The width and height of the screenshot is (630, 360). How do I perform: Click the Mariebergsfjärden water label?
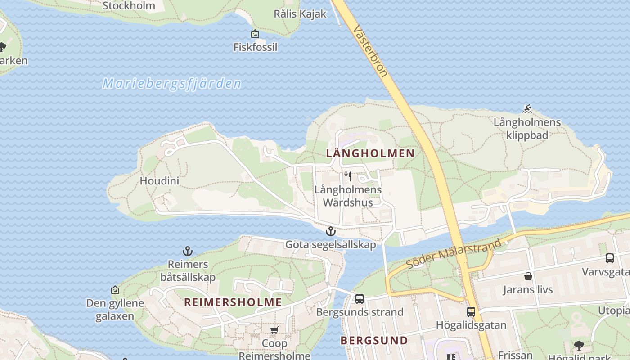click(172, 84)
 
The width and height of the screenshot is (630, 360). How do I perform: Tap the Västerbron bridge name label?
click(370, 51)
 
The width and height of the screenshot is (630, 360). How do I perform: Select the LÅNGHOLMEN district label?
click(370, 153)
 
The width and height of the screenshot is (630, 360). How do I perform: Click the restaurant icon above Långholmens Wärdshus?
click(347, 176)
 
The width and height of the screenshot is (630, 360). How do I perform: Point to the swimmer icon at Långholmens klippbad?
click(527, 108)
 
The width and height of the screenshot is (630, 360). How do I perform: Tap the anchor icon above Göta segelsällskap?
click(331, 232)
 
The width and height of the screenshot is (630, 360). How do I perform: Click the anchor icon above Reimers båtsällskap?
click(187, 251)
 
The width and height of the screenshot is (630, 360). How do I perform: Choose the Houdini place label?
click(159, 181)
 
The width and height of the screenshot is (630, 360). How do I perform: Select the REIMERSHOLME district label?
click(233, 302)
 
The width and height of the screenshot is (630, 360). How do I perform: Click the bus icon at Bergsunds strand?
click(359, 298)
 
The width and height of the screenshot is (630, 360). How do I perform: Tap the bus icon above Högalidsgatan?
click(471, 311)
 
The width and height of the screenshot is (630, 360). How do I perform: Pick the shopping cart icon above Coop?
click(274, 330)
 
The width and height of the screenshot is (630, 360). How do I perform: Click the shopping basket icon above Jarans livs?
click(528, 276)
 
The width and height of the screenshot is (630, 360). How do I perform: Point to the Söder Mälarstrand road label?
click(453, 254)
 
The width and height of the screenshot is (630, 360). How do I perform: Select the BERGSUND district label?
click(374, 340)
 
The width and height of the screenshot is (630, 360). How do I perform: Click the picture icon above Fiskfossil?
click(255, 34)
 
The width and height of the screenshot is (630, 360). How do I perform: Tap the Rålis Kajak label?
click(300, 14)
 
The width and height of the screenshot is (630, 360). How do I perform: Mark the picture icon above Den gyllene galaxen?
click(116, 290)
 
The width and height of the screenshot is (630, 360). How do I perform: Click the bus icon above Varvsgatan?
click(610, 258)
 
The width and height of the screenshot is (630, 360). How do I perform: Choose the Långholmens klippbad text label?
click(527, 128)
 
